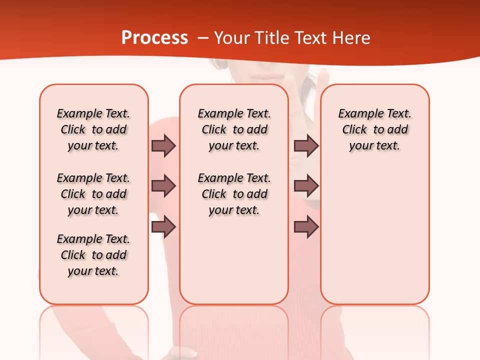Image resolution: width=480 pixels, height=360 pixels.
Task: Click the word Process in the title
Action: [x=154, y=38]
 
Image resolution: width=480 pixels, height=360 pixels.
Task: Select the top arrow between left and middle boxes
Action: [x=163, y=145]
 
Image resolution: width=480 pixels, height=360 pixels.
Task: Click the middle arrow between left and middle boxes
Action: [x=163, y=186]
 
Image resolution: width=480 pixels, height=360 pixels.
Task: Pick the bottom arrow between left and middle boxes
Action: [x=163, y=227]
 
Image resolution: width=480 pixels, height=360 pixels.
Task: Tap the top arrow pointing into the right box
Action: [x=306, y=145]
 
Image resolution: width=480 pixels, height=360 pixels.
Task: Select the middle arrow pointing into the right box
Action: [x=306, y=186]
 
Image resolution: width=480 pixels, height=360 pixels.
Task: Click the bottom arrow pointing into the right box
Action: [x=306, y=227]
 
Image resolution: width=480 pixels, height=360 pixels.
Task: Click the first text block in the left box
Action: [x=93, y=129]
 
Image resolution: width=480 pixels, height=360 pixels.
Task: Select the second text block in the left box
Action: [x=93, y=194]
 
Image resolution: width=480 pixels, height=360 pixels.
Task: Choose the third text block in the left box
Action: [x=93, y=255]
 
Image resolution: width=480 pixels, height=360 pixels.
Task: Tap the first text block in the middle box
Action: [x=234, y=129]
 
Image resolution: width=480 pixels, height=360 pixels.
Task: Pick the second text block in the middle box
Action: [x=234, y=194]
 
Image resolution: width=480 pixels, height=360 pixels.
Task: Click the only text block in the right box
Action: [x=374, y=129]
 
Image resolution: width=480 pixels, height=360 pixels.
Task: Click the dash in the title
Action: [x=203, y=38]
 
